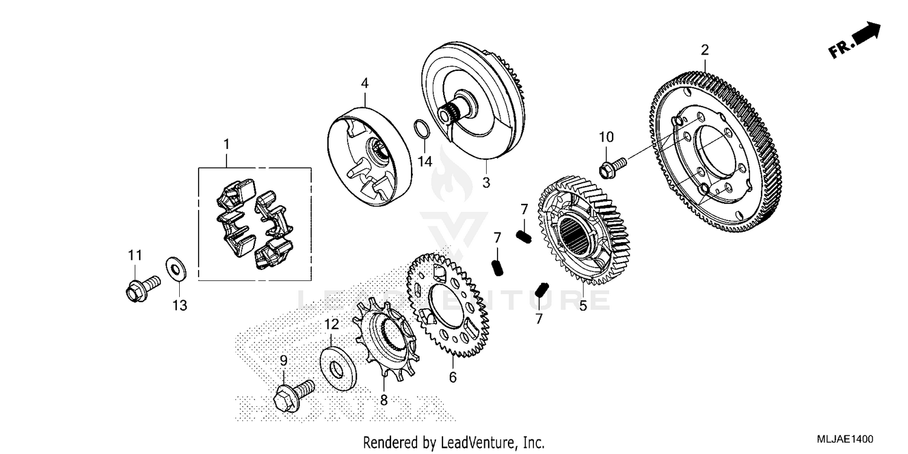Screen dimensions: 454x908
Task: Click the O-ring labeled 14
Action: coord(423,130)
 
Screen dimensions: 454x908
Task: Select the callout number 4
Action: coord(365,83)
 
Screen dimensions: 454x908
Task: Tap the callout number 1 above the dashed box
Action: coord(226,145)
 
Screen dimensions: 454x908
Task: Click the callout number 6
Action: coord(453,377)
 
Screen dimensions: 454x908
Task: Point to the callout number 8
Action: coord(383,400)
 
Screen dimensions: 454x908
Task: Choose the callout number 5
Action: coord(583,306)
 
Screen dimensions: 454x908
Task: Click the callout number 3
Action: coord(486,182)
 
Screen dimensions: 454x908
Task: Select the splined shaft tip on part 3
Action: coord(446,113)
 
